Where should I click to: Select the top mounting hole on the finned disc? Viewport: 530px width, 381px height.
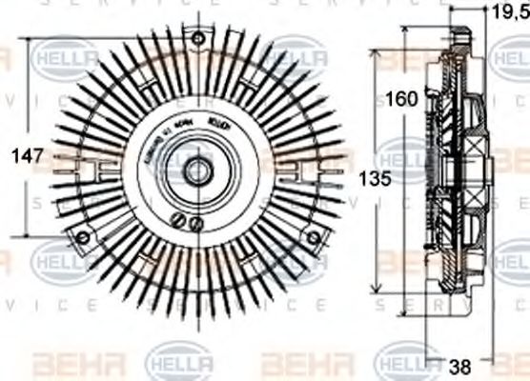(198, 39)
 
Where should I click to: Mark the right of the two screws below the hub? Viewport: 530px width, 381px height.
(197, 224)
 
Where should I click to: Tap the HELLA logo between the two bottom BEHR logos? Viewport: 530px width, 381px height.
(178, 363)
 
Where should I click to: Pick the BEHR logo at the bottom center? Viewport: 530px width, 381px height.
(296, 363)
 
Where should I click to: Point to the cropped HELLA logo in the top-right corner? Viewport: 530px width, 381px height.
(510, 58)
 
